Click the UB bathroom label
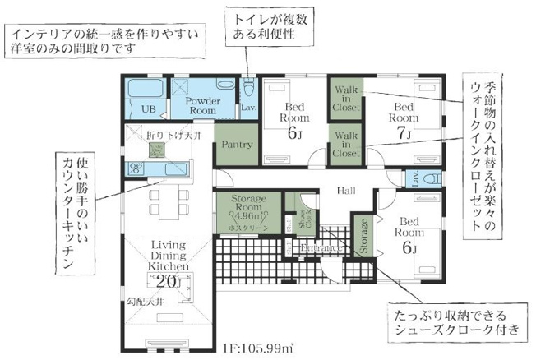149,108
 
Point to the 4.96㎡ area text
245,216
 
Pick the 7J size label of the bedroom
403,132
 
